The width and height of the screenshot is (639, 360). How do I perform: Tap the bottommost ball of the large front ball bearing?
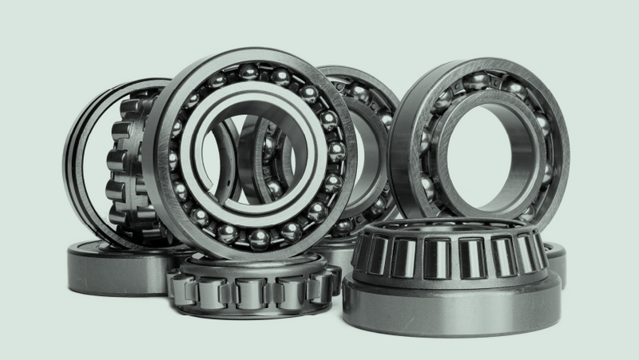tap(257, 239)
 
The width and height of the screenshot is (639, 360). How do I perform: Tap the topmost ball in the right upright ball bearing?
tap(477, 80)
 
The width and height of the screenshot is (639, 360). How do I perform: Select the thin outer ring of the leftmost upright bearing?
tap(76, 160)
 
